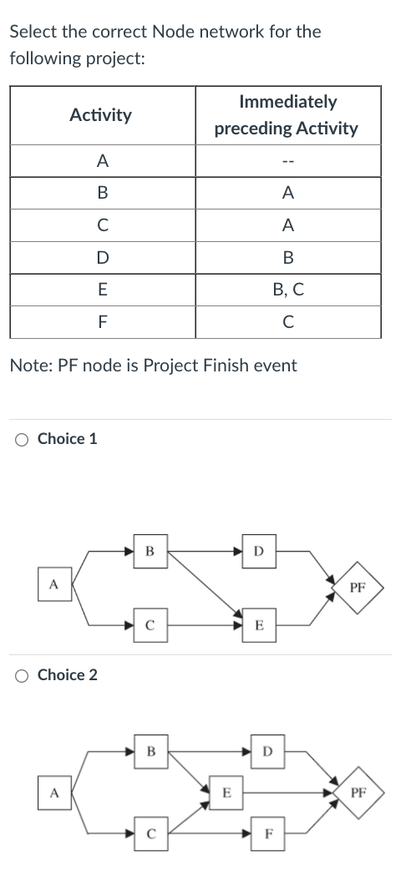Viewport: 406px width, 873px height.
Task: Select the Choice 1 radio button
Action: pos(23,439)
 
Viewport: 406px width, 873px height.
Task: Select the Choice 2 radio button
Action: pos(23,675)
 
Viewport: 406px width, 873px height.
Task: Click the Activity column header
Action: pos(100,115)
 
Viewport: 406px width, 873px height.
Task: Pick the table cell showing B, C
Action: pos(287,290)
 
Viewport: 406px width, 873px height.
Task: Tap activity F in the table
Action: pos(101,321)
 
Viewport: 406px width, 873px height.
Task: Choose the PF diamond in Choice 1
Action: pos(357,587)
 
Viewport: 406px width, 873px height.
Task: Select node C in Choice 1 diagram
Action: pos(150,623)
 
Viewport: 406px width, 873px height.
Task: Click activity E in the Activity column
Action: pos(101,290)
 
